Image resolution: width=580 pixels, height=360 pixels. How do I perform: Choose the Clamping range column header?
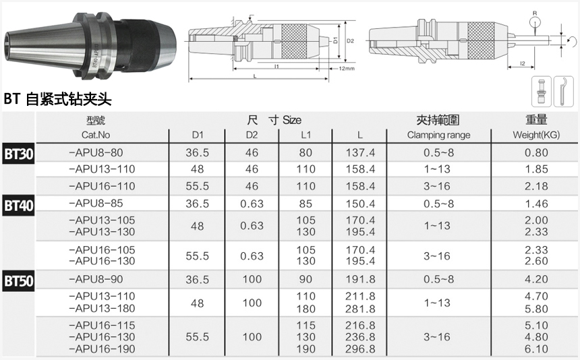point(438,135)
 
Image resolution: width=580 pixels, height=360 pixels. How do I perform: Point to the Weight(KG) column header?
point(537,135)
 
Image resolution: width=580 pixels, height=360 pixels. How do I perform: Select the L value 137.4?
point(361,152)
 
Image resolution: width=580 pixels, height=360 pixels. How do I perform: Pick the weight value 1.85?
point(537,169)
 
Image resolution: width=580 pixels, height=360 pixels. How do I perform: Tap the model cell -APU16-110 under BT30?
point(103,186)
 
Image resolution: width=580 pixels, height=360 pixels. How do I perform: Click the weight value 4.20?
point(537,279)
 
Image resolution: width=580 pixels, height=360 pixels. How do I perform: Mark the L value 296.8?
point(361,349)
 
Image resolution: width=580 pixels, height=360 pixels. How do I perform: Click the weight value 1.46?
point(537,203)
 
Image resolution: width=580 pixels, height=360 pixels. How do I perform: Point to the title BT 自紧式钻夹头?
point(57,100)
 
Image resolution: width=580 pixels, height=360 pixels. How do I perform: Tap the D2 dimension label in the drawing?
point(350,41)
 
